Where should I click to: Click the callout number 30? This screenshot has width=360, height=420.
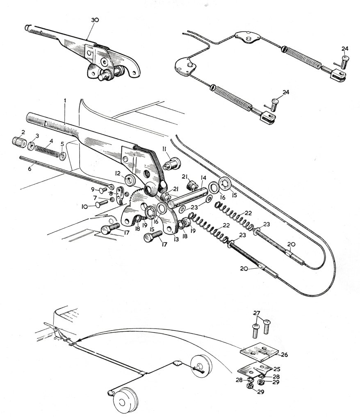pyautogui.click(x=95, y=20)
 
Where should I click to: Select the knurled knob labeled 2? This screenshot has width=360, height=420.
pyautogui.click(x=19, y=141)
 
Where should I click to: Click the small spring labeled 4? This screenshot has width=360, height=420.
pyautogui.click(x=47, y=151)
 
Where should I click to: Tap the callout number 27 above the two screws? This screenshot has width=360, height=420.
pyautogui.click(x=257, y=313)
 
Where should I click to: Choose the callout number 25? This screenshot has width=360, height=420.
pyautogui.click(x=276, y=369)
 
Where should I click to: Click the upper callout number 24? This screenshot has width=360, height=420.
pyautogui.click(x=345, y=48)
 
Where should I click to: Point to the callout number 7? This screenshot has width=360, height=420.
pyautogui.click(x=95, y=198)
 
